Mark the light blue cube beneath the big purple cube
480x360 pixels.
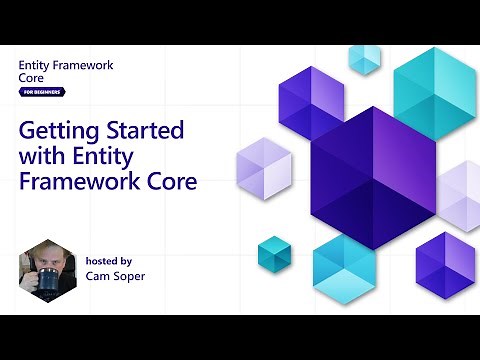pos(344,268)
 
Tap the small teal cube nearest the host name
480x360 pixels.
pos(273,253)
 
